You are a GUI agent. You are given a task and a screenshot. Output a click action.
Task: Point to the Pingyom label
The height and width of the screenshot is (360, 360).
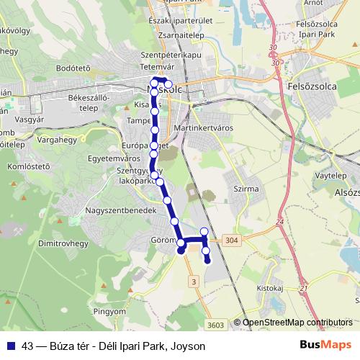110,311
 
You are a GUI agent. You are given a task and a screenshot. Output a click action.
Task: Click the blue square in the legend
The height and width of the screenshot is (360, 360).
10,346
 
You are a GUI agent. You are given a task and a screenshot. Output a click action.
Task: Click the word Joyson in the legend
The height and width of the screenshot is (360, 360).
189,346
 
